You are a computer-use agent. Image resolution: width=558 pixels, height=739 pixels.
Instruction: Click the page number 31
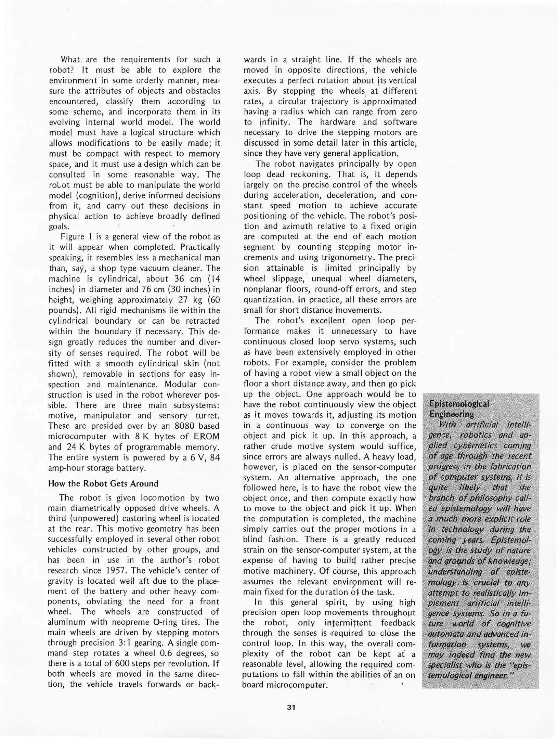coord(291,707)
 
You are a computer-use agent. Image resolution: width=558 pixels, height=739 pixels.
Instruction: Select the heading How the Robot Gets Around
coord(103,483)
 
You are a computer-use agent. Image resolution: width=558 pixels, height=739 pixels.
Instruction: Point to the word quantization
coord(269,300)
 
